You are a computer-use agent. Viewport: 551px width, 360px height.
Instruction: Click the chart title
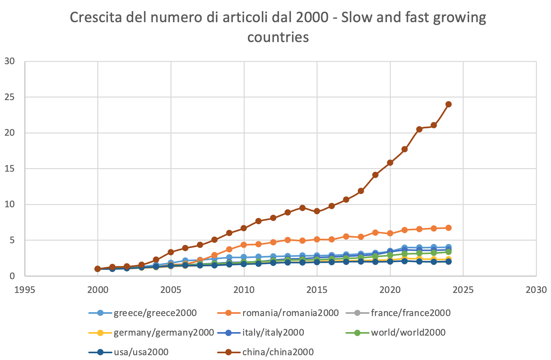(x=278, y=27)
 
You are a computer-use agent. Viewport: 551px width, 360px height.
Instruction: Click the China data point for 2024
(x=449, y=104)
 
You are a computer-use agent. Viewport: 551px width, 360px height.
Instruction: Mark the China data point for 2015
(x=317, y=211)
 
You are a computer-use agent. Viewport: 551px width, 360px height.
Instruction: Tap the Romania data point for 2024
(x=449, y=228)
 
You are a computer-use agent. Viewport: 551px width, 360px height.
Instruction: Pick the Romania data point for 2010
(x=244, y=245)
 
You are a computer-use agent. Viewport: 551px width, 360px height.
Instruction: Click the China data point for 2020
(x=390, y=163)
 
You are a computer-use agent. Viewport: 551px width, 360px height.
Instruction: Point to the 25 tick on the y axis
(x=10, y=97)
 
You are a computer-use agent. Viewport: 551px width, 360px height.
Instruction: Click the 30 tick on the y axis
(x=10, y=61)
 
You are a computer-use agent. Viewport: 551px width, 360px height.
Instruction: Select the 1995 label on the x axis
(x=25, y=290)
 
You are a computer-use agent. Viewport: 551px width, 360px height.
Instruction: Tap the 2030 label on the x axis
(x=536, y=290)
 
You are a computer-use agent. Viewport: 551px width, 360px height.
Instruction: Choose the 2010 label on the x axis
(x=244, y=290)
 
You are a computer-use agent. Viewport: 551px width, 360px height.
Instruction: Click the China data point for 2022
(x=419, y=129)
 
